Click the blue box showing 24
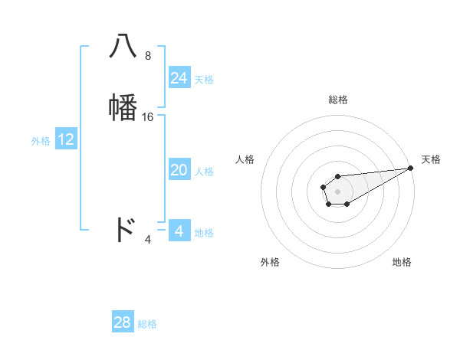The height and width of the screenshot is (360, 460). click(x=179, y=78)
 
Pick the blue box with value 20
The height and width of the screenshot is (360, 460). click(x=179, y=171)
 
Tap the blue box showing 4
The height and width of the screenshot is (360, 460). click(x=179, y=231)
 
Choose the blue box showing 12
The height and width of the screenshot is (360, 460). click(x=66, y=139)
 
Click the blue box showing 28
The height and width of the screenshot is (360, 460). click(x=123, y=322)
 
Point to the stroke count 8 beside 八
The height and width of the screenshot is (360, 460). click(x=148, y=56)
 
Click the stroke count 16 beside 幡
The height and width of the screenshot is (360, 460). click(x=148, y=117)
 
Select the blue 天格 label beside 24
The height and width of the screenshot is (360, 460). click(x=204, y=80)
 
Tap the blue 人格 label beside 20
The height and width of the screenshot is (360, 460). click(x=204, y=172)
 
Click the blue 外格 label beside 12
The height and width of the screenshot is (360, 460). click(x=41, y=141)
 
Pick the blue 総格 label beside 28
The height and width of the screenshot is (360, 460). click(x=147, y=324)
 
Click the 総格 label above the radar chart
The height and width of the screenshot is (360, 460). click(x=337, y=100)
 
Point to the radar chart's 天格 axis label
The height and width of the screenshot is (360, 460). click(x=431, y=159)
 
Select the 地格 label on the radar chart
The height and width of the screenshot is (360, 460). click(x=402, y=262)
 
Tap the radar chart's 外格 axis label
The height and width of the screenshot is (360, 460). click(x=270, y=262)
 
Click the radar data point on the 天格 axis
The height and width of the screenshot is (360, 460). click(x=410, y=167)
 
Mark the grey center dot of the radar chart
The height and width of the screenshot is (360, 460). click(x=337, y=191)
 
